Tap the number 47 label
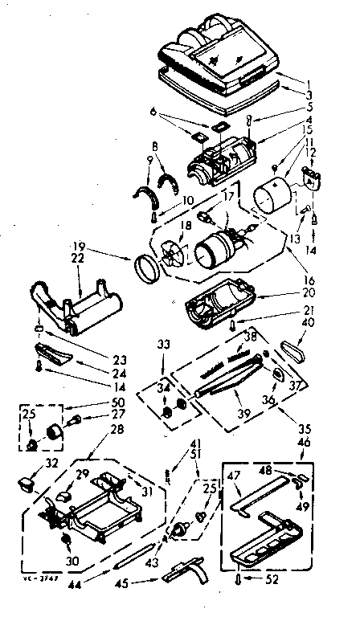click(233, 476)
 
